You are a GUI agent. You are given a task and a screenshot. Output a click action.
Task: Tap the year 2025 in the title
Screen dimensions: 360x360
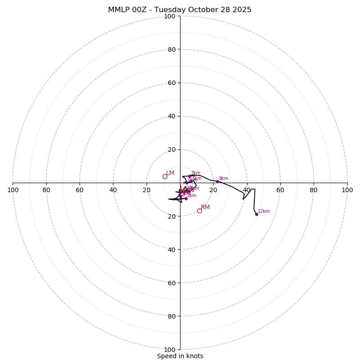241,10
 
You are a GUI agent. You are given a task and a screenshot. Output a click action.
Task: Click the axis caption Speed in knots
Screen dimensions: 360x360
180,356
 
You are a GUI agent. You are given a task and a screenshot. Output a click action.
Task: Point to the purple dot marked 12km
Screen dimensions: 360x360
256,214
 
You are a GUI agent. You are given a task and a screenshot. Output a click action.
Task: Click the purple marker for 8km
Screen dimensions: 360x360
217,181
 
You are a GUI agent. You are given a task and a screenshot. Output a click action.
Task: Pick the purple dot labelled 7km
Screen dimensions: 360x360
189,176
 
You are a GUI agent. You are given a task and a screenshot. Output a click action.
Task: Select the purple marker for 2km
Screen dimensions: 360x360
186,198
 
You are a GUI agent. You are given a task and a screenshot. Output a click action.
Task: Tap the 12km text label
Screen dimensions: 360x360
264,211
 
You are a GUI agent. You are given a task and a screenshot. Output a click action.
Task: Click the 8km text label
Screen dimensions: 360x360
224,179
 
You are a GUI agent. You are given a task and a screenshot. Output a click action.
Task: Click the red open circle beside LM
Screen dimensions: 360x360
165,176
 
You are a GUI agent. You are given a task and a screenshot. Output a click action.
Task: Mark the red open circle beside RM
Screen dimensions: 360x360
199,211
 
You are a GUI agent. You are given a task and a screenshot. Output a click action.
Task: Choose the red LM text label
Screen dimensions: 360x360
170,173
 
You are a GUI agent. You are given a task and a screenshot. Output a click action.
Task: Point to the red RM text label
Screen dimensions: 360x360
205,207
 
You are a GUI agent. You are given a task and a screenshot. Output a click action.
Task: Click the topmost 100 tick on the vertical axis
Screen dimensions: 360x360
170,16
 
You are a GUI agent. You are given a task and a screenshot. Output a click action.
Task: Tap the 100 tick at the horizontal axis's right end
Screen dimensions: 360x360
347,190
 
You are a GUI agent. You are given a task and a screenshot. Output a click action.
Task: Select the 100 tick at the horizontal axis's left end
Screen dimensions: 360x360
13,190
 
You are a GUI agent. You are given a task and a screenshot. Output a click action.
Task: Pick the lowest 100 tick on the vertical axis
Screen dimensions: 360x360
170,349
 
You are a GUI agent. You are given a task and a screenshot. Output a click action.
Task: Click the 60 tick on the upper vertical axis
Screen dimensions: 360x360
171,83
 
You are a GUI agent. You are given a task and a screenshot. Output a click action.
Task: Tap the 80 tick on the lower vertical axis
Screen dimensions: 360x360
171,316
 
